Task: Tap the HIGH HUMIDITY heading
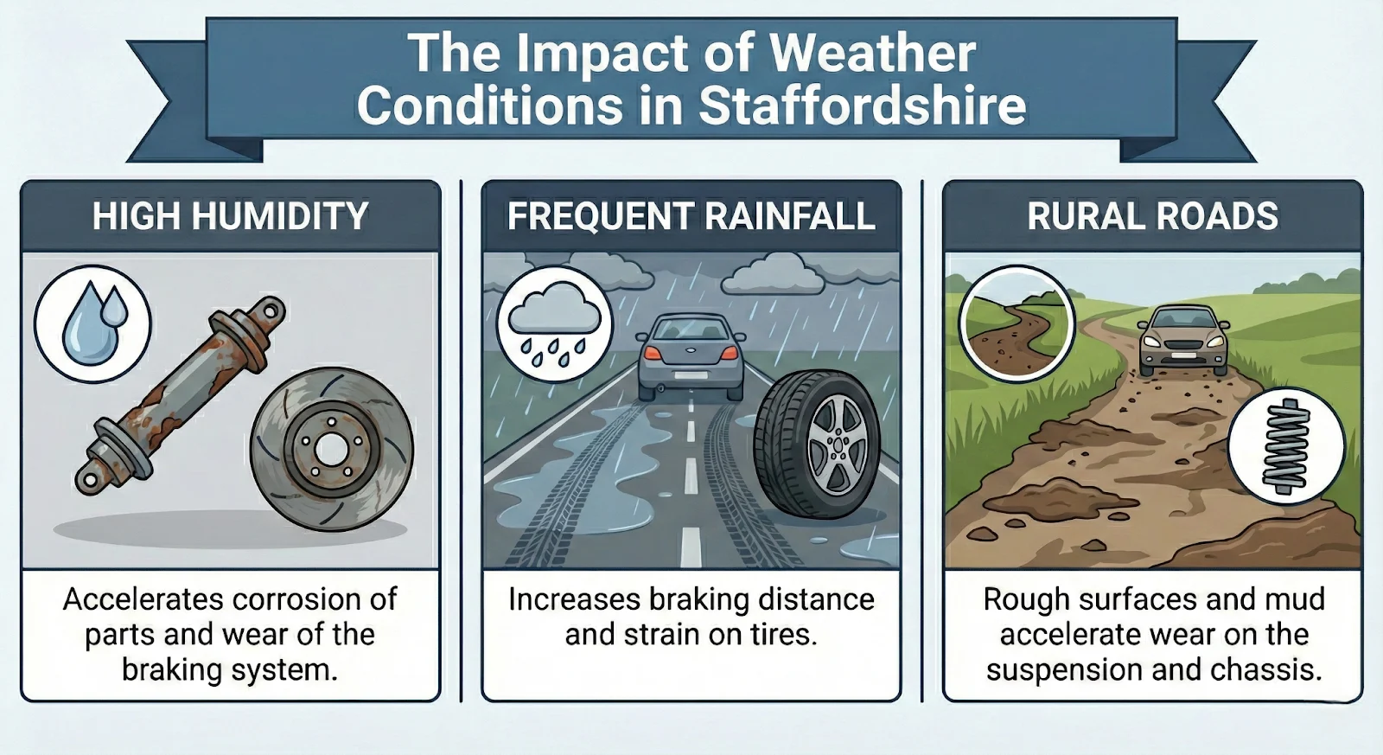[x=230, y=216]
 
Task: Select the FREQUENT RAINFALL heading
[x=691, y=216]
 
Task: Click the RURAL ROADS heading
[x=1153, y=216]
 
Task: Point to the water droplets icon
[x=93, y=323]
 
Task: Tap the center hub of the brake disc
[x=332, y=449]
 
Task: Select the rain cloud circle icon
[x=554, y=325]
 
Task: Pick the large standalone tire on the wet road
[x=818, y=443]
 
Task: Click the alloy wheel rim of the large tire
[x=838, y=445]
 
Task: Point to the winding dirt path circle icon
[x=1017, y=323]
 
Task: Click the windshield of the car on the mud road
[x=1182, y=317]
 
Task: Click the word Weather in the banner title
[x=873, y=53]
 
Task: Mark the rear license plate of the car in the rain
[x=691, y=375]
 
